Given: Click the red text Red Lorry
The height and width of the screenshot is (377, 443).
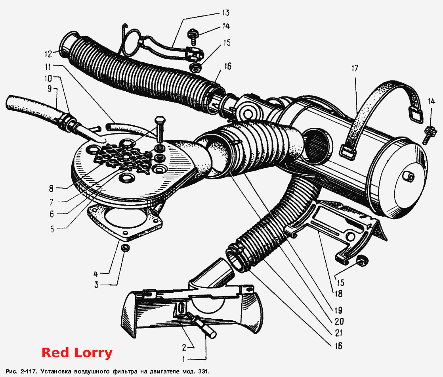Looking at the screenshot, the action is [77, 353].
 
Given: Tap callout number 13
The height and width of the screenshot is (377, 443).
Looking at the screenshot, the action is [225, 13].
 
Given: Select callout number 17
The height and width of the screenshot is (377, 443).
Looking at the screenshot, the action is [355, 68].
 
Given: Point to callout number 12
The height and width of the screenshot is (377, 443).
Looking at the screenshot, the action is [48, 54].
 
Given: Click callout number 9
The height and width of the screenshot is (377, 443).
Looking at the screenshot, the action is [50, 88].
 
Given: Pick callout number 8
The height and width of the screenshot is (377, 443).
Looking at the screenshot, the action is [51, 188].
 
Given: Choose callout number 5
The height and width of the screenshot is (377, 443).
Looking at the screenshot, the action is [52, 229].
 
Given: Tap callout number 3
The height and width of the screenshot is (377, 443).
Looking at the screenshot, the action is [96, 285].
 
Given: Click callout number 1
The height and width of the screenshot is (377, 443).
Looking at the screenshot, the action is [184, 359].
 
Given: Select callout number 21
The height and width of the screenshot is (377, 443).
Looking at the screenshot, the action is [338, 333].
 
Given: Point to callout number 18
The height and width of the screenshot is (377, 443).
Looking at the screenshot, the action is [338, 294].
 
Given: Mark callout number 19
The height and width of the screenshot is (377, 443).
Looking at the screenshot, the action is [338, 310].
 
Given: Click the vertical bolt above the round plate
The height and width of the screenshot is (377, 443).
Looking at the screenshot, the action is [159, 129].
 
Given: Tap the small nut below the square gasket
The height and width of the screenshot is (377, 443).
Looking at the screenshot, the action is [125, 248].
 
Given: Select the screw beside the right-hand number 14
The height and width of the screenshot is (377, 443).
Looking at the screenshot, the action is [428, 135].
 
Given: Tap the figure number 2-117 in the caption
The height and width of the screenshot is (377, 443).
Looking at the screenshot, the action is [28, 371].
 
